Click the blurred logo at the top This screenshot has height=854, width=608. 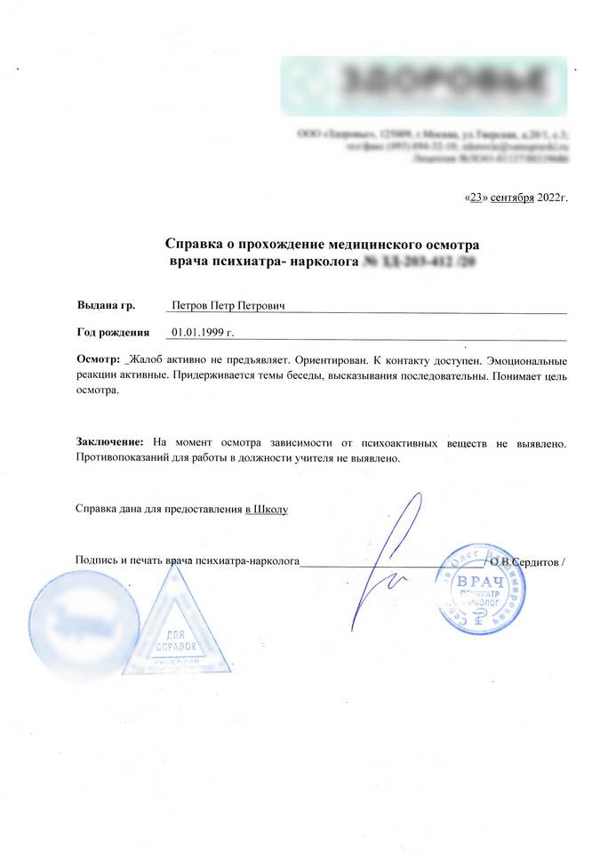[x=424, y=86]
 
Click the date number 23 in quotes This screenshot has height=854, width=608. [x=476, y=197]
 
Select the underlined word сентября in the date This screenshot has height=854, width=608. [x=510, y=197]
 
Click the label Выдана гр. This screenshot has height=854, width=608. [x=106, y=306]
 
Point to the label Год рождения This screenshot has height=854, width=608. [x=113, y=333]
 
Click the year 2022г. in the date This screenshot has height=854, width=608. [x=551, y=197]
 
